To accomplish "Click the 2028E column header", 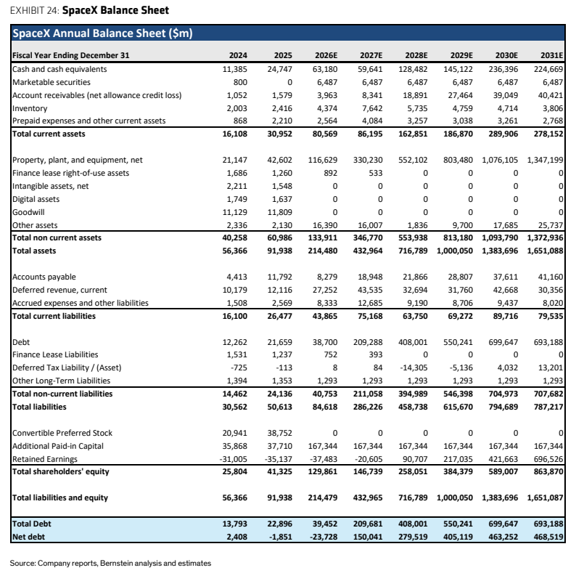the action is [x=416, y=55].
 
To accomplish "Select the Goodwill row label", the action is [x=28, y=212].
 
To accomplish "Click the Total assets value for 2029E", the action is [x=454, y=251].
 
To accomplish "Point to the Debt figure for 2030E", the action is [x=503, y=342].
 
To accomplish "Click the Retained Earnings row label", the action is [x=45, y=459].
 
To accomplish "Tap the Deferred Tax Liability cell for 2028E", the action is [x=413, y=367].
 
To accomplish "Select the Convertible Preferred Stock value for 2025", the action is [x=279, y=433].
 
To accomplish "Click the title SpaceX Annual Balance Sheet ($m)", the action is [x=102, y=33].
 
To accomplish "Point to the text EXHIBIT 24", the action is [x=34, y=10].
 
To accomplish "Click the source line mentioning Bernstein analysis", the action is [x=110, y=563].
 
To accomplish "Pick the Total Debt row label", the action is [x=32, y=524].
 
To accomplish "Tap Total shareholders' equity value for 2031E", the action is [x=548, y=471].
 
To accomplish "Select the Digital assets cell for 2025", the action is [x=281, y=199].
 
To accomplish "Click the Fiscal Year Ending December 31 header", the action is [x=71, y=55].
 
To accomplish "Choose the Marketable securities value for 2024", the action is [x=240, y=82].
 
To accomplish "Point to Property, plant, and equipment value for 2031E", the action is [x=545, y=160].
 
